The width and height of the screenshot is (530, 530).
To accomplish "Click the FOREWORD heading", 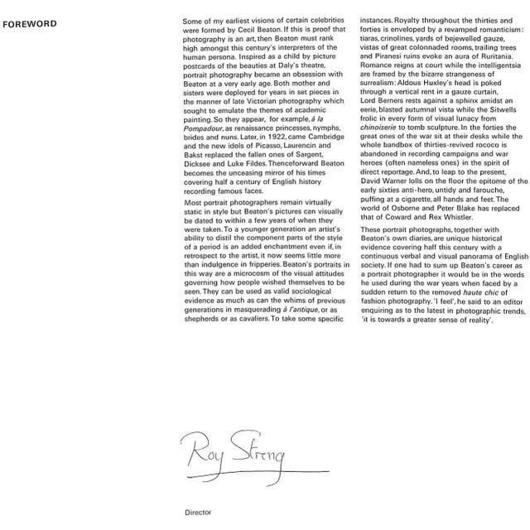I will click(30, 24).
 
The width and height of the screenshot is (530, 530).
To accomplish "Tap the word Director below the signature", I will click(196, 512).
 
